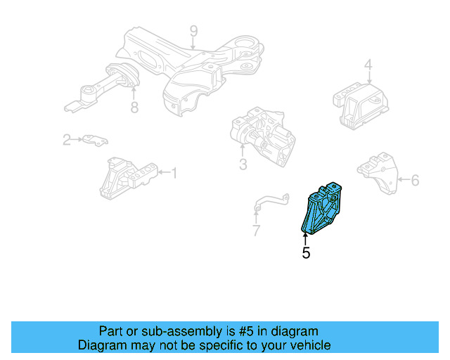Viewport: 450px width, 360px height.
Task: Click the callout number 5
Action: [306, 252]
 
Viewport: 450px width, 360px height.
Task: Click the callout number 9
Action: [193, 31]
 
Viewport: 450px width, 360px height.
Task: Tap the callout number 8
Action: [134, 108]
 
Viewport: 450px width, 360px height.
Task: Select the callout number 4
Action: [368, 67]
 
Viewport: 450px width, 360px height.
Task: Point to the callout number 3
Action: [243, 165]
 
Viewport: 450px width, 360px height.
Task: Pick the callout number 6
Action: [415, 181]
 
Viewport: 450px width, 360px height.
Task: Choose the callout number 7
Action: [256, 230]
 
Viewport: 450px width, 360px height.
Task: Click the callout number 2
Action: [67, 140]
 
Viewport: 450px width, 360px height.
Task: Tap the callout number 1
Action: [174, 172]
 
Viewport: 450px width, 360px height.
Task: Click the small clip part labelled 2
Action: [94, 140]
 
